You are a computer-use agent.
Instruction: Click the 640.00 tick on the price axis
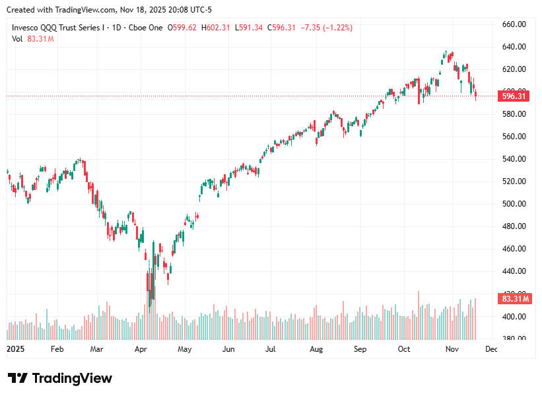[514, 47]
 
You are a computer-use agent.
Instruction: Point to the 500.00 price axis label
[514, 204]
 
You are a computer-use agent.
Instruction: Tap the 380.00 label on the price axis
[514, 339]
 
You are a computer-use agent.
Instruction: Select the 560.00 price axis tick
[514, 137]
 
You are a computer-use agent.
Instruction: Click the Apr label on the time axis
[141, 348]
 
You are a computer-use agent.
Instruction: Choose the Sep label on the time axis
[360, 348]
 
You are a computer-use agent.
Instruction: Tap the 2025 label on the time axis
[15, 348]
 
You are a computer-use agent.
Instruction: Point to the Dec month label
[491, 348]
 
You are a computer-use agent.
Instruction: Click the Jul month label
[271, 348]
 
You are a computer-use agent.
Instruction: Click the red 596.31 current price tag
[514, 96]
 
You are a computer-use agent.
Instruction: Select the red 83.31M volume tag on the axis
[514, 299]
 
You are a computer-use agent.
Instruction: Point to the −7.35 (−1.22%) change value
[326, 28]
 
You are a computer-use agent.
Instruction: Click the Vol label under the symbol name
[18, 39]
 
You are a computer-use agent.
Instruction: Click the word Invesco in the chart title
[28, 28]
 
